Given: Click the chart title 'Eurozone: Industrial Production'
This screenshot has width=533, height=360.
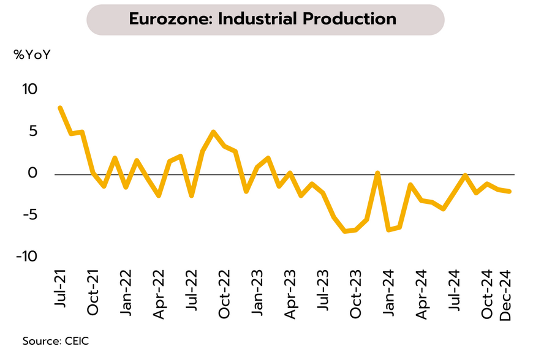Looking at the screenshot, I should (263, 19).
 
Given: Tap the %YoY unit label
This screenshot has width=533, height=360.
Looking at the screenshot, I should (32, 54).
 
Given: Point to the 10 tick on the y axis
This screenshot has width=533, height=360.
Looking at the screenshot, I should (30, 89).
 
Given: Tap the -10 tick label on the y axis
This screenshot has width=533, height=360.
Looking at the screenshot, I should (28, 257).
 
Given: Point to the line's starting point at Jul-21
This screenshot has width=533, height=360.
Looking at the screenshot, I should (60, 108).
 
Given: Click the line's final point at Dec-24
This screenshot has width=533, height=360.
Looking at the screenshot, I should (510, 191).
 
